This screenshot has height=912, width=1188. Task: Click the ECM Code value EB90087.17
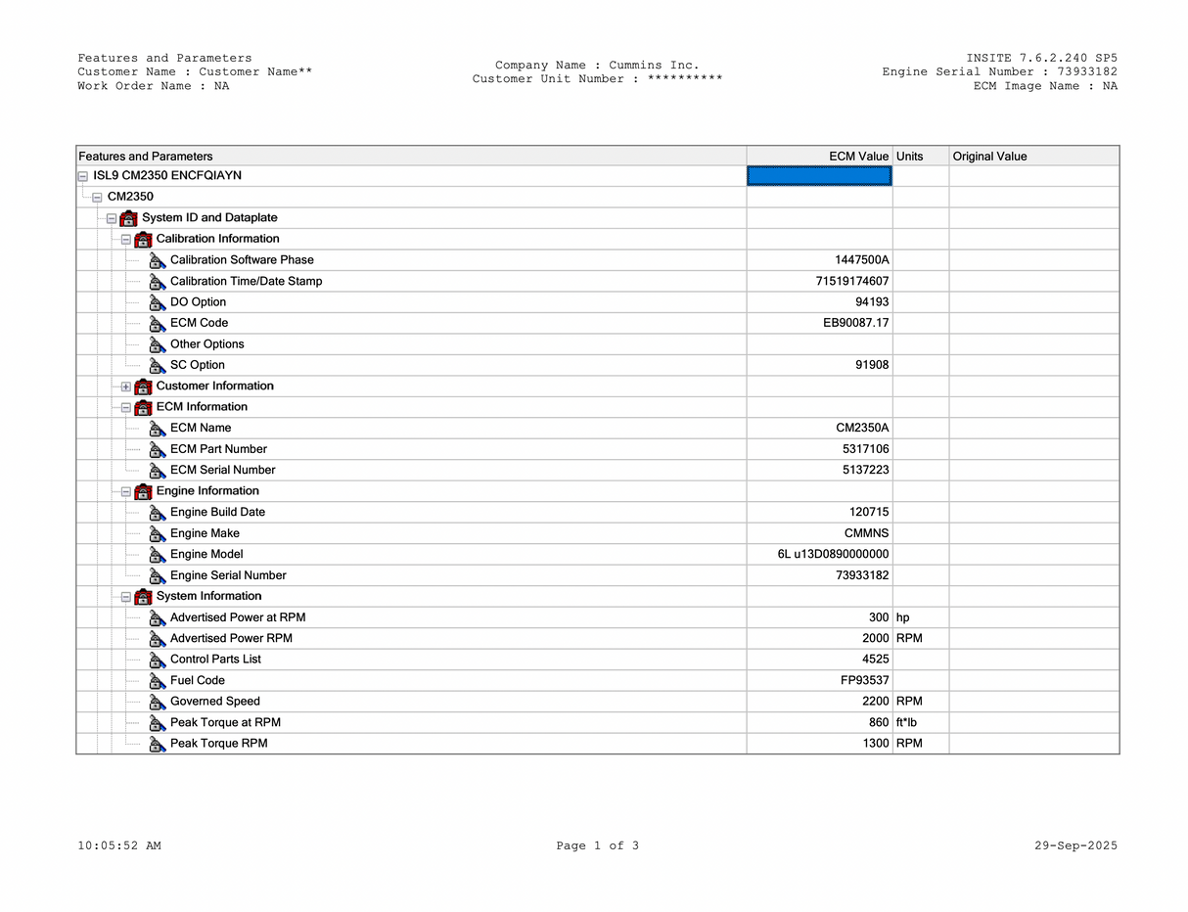click(x=855, y=323)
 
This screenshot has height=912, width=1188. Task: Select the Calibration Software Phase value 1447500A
click(x=861, y=260)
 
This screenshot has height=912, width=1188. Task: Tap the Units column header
click(x=909, y=157)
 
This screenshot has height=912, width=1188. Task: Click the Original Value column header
click(x=989, y=157)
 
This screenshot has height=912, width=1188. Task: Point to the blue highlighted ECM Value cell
click(x=819, y=176)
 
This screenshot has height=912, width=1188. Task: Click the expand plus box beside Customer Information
click(x=125, y=387)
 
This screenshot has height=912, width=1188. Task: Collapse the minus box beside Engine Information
click(x=125, y=491)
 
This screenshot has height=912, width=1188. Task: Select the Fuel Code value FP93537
click(x=857, y=680)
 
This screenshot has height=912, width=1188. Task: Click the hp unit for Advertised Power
click(x=902, y=617)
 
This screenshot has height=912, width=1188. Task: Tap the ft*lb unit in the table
click(x=906, y=722)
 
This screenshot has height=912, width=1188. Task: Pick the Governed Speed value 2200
click(x=876, y=702)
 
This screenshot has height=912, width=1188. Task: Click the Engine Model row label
click(x=206, y=554)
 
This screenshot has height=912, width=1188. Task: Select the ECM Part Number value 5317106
click(x=865, y=449)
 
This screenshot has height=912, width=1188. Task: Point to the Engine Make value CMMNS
click(x=866, y=533)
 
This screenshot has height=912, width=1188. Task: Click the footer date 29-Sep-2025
click(x=1075, y=845)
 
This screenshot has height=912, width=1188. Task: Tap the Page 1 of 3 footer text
click(x=597, y=845)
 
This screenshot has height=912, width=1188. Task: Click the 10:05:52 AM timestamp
click(x=119, y=845)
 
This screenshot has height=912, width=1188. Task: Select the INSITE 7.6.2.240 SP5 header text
click(x=1041, y=58)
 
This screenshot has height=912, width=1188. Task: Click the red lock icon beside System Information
click(x=143, y=597)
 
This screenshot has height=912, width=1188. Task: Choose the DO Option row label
click(x=198, y=302)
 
